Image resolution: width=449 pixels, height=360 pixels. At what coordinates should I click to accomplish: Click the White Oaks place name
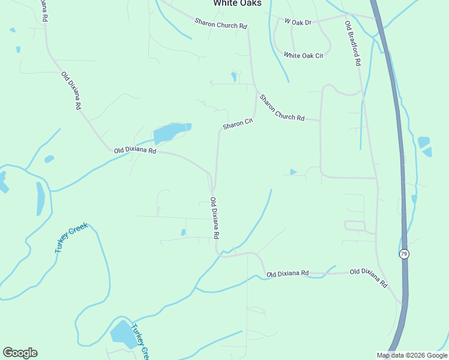pyautogui.click(x=238, y=4)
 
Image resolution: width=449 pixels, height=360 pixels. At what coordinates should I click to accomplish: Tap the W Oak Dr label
pyautogui.click(x=298, y=22)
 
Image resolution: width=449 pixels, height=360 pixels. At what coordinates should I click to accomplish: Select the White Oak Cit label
pyautogui.click(x=304, y=55)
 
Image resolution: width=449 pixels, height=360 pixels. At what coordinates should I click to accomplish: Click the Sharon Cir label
pyautogui.click(x=238, y=124)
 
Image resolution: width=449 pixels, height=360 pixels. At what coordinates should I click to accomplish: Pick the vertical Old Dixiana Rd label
pyautogui.click(x=214, y=217)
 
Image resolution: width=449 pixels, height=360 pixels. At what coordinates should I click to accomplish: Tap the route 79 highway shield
pyautogui.click(x=404, y=254)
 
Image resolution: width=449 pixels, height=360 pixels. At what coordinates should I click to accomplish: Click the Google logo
pyautogui.click(x=20, y=353)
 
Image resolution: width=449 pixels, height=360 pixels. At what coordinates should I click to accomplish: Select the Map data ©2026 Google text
pyautogui.click(x=412, y=355)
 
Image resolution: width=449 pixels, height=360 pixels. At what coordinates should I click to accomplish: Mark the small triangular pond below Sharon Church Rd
pyautogui.click(x=292, y=172)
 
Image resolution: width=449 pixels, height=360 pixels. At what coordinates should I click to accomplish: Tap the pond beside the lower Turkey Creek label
pyautogui.click(x=124, y=334)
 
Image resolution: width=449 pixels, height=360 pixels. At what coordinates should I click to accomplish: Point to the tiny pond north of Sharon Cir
pyautogui.click(x=234, y=77)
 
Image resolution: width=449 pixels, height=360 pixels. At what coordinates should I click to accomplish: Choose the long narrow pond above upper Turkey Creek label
pyautogui.click(x=40, y=199)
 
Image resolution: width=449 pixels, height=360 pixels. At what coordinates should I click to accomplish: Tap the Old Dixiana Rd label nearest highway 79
pyautogui.click(x=369, y=278)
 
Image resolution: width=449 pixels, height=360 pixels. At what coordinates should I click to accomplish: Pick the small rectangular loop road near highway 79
pyautogui.click(x=355, y=226)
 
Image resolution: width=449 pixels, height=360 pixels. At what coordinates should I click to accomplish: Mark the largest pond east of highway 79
pyautogui.click(x=424, y=142)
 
